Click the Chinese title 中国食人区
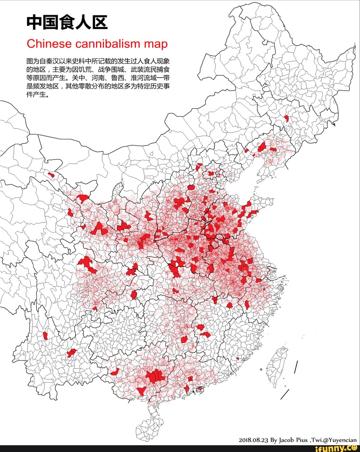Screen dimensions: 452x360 [67, 23]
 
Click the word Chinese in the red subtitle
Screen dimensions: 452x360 [49, 44]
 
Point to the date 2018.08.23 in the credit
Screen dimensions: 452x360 [253, 440]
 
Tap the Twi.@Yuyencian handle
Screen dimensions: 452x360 [334, 440]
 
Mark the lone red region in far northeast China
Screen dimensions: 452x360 [286, 119]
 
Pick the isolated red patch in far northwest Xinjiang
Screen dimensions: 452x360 [51, 175]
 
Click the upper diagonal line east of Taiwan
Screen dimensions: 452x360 [296, 367]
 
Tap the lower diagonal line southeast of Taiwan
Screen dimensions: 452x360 [285, 394]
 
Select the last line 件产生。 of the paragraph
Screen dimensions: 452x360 [38, 95]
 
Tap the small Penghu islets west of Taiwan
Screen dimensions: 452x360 [261, 369]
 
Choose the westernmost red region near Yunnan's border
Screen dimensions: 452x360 [45, 335]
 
